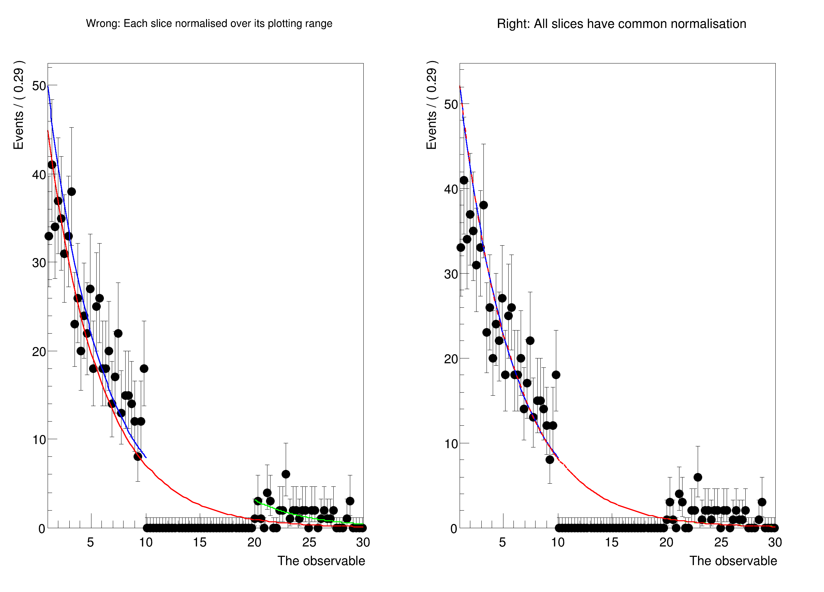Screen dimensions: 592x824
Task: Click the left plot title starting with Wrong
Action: [x=209, y=23]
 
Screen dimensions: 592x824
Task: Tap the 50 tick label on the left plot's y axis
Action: [x=39, y=86]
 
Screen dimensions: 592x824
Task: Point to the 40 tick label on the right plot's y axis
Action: [x=451, y=189]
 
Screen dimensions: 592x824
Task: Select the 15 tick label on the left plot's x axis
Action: [x=199, y=542]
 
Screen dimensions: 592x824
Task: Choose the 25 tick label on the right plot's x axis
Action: [x=721, y=542]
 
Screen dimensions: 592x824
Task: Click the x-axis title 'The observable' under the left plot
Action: [x=321, y=561]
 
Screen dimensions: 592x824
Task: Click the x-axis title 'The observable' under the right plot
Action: [x=733, y=561]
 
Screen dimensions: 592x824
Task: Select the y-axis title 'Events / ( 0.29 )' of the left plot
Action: [x=19, y=105]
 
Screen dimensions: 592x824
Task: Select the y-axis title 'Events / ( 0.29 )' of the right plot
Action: [x=431, y=105]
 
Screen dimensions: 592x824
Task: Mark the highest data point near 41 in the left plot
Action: [x=52, y=165]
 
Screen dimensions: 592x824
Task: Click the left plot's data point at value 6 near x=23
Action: [x=286, y=474]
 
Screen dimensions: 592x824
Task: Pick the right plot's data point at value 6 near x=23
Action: [x=698, y=477]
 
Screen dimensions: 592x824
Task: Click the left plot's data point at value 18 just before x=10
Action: [x=144, y=369]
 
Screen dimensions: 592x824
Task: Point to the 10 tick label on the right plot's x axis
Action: [x=558, y=542]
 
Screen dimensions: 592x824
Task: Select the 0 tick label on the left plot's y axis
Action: [x=42, y=529]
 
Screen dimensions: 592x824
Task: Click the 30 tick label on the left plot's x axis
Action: [x=363, y=542]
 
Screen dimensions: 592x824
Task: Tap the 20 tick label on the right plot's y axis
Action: [x=451, y=359]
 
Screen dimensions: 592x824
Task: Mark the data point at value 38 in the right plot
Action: [x=483, y=205]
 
